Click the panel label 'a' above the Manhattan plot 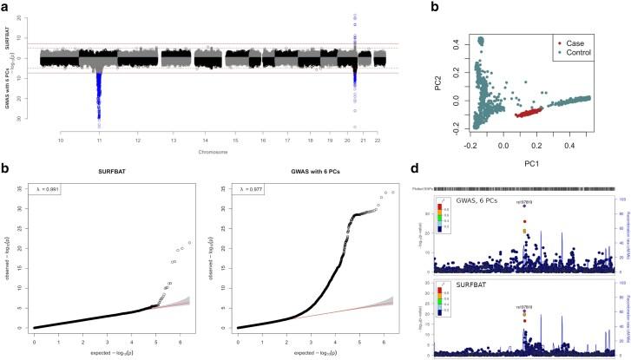pos(5,7)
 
